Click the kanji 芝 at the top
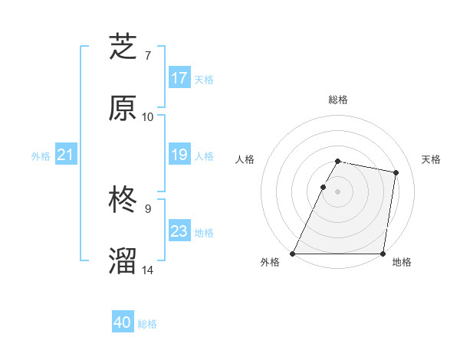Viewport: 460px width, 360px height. pyautogui.click(x=123, y=47)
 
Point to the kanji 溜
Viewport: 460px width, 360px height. pyautogui.click(x=123, y=261)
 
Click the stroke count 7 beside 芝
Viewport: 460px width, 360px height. pyautogui.click(x=148, y=56)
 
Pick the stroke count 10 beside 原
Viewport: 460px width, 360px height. pyautogui.click(x=148, y=116)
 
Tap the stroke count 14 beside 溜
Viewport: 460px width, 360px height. pyautogui.click(x=148, y=270)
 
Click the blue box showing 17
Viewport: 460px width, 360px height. pyautogui.click(x=179, y=78)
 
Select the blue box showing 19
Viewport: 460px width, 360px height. pyautogui.click(x=179, y=155)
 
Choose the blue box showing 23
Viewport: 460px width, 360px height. pyautogui.click(x=179, y=231)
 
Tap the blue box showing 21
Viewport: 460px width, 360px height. pyautogui.click(x=66, y=155)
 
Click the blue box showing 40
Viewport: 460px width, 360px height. pyautogui.click(x=123, y=323)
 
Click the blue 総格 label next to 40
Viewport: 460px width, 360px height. pyautogui.click(x=147, y=324)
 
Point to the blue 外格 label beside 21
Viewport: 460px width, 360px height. pyautogui.click(x=41, y=156)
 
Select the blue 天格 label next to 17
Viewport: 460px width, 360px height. pyautogui.click(x=203, y=79)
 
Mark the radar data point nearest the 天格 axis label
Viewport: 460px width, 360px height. pyautogui.click(x=396, y=173)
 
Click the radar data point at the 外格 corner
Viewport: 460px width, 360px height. pyautogui.click(x=293, y=253)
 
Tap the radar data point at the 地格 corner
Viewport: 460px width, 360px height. pyautogui.click(x=383, y=253)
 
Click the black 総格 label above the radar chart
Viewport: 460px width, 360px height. pyautogui.click(x=337, y=100)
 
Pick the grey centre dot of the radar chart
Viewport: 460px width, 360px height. pyautogui.click(x=337, y=191)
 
